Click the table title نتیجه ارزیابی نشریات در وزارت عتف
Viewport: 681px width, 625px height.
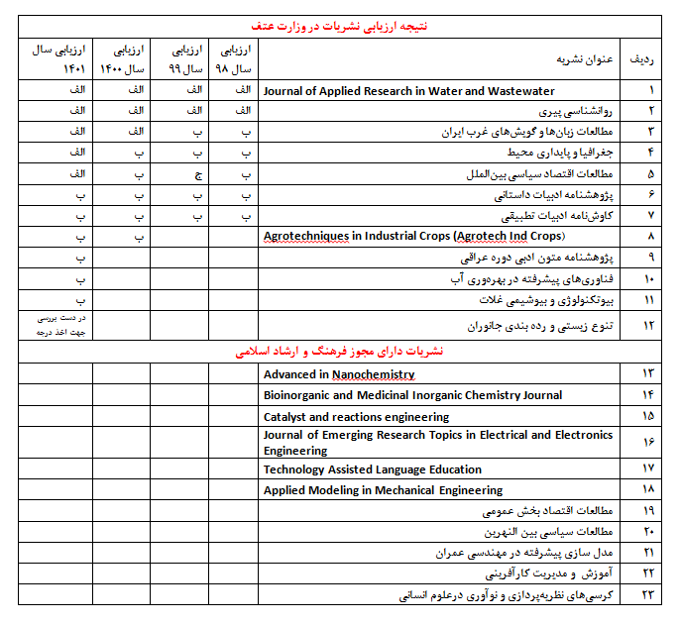(x=341, y=26)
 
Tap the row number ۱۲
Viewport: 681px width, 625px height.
(x=651, y=325)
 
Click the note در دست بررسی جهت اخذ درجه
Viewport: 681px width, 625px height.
(x=57, y=325)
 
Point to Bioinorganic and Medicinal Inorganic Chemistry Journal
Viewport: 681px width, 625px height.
(x=412, y=395)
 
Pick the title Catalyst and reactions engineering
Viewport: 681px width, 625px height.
(x=356, y=417)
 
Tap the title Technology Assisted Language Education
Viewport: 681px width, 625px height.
(x=373, y=469)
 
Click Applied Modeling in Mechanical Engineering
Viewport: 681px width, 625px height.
(x=383, y=490)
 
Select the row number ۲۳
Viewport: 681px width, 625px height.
(x=651, y=595)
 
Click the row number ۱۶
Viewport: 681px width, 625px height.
(x=651, y=442)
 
